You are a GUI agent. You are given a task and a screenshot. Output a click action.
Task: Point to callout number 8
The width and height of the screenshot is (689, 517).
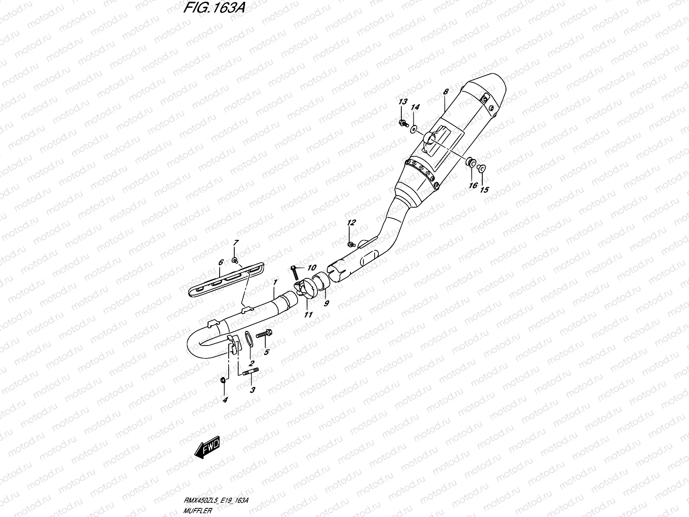pos(446,92)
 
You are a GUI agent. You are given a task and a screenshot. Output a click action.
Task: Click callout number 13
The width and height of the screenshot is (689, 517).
pos(402,102)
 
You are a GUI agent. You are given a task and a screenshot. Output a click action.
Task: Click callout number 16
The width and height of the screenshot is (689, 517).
pos(473,185)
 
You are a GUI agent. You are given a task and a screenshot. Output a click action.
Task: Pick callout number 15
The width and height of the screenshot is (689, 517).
pos(484,189)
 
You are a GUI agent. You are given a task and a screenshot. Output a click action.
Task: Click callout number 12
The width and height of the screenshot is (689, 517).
pos(351,223)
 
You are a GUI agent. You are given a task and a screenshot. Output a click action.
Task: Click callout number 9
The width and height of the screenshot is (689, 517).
pos(326,303)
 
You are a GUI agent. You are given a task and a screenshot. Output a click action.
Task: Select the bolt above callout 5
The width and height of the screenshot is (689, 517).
pos(263,334)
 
